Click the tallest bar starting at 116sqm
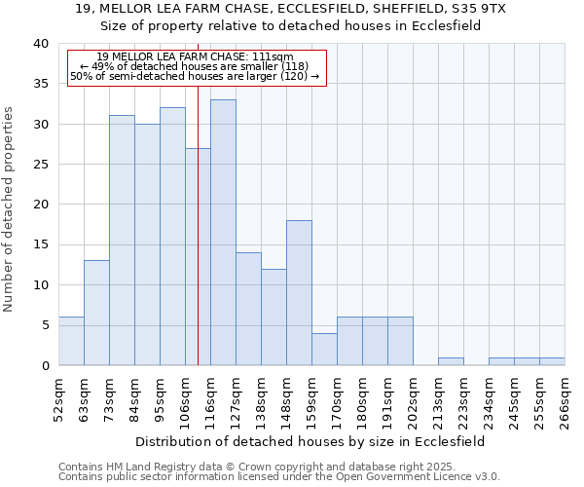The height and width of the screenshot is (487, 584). [x=223, y=233]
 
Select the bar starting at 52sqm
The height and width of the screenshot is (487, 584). [x=71, y=341]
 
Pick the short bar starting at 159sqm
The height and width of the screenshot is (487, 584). [x=324, y=350]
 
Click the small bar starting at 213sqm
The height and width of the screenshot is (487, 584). [x=451, y=361]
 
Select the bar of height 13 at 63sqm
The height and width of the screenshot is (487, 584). [x=96, y=313]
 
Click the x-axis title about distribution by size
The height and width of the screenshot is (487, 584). [x=310, y=441]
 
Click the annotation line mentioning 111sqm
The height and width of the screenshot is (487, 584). [x=195, y=56]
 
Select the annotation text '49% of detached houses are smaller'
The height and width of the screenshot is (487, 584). [x=195, y=66]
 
